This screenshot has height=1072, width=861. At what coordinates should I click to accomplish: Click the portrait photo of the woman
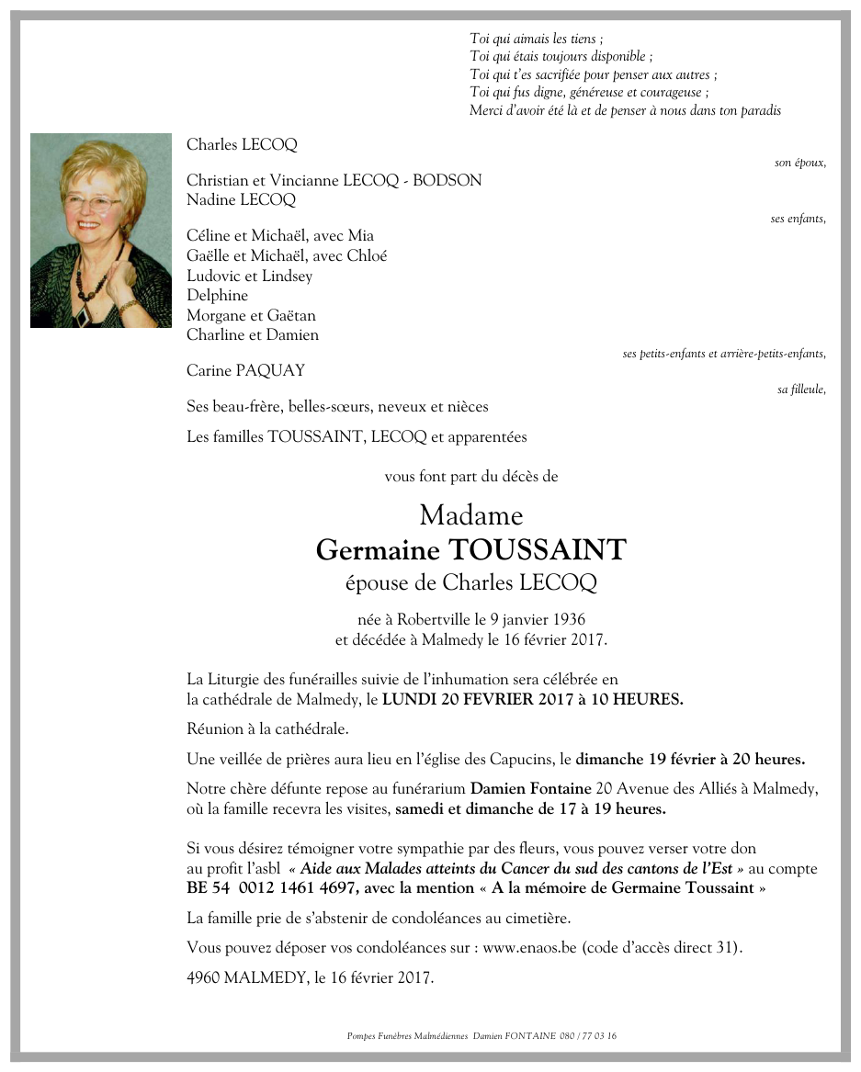tap(101, 231)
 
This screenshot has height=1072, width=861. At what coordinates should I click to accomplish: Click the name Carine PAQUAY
tap(245, 371)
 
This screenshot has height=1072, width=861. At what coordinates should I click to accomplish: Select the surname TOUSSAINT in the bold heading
tap(538, 550)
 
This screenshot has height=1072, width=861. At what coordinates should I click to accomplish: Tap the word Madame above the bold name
tap(470, 515)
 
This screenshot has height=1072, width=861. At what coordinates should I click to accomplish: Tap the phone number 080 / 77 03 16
tap(588, 1036)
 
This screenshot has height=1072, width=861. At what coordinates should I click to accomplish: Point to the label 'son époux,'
tap(799, 163)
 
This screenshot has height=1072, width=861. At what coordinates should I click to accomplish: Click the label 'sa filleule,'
tap(801, 389)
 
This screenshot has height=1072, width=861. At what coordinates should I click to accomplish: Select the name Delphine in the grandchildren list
tap(217, 296)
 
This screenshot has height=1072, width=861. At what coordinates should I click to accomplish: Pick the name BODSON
tap(447, 180)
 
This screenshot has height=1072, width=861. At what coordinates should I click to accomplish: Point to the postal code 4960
tap(200, 978)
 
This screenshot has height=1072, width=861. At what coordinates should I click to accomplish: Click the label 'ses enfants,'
tap(798, 219)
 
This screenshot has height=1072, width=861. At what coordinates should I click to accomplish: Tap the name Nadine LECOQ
tap(241, 199)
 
